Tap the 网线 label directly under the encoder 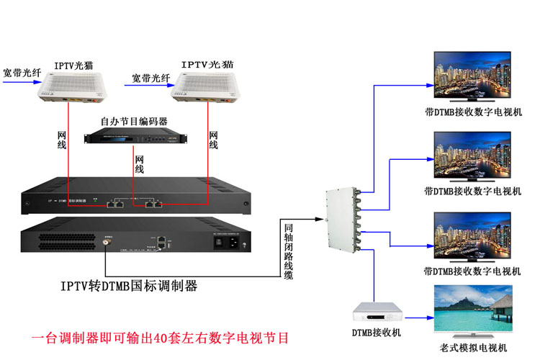pyautogui.click(x=140, y=163)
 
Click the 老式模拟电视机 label pyautogui.click(x=473, y=349)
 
